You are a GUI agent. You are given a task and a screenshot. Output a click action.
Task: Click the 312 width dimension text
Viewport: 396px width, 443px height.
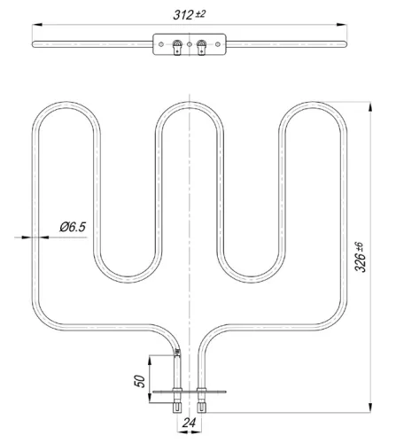(189, 13)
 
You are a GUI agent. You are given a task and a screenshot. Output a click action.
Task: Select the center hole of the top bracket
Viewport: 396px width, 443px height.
(190, 43)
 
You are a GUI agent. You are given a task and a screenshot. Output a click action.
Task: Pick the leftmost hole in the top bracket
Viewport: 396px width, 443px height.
(161, 43)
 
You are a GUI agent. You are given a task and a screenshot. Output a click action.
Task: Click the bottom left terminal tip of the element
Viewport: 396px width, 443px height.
(180, 408)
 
